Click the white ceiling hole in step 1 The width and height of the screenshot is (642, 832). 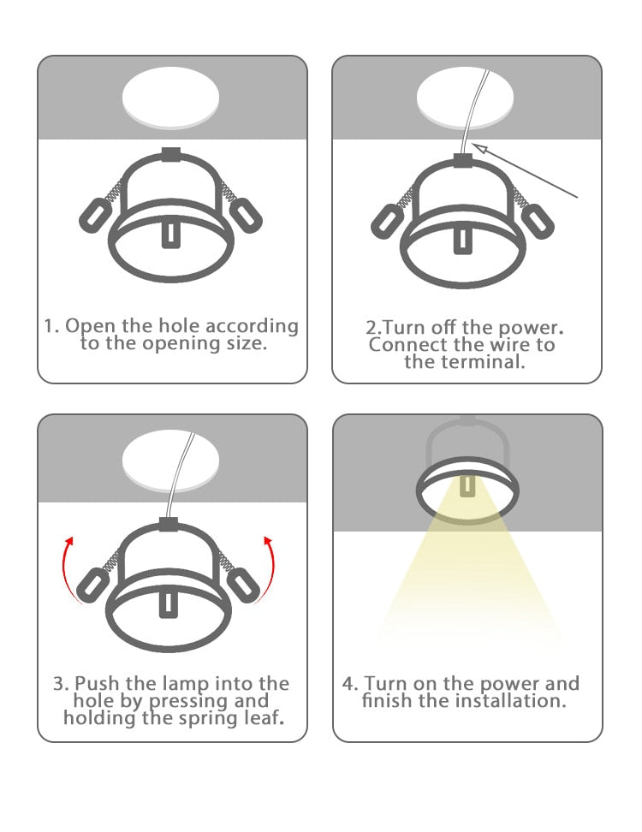171,97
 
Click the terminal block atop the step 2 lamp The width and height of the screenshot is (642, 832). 464,159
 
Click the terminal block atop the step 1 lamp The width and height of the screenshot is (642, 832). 170,155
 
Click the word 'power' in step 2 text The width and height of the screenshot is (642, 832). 536,328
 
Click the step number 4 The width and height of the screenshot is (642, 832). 349,684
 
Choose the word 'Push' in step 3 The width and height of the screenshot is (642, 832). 93,684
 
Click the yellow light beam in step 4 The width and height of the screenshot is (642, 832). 468,582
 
